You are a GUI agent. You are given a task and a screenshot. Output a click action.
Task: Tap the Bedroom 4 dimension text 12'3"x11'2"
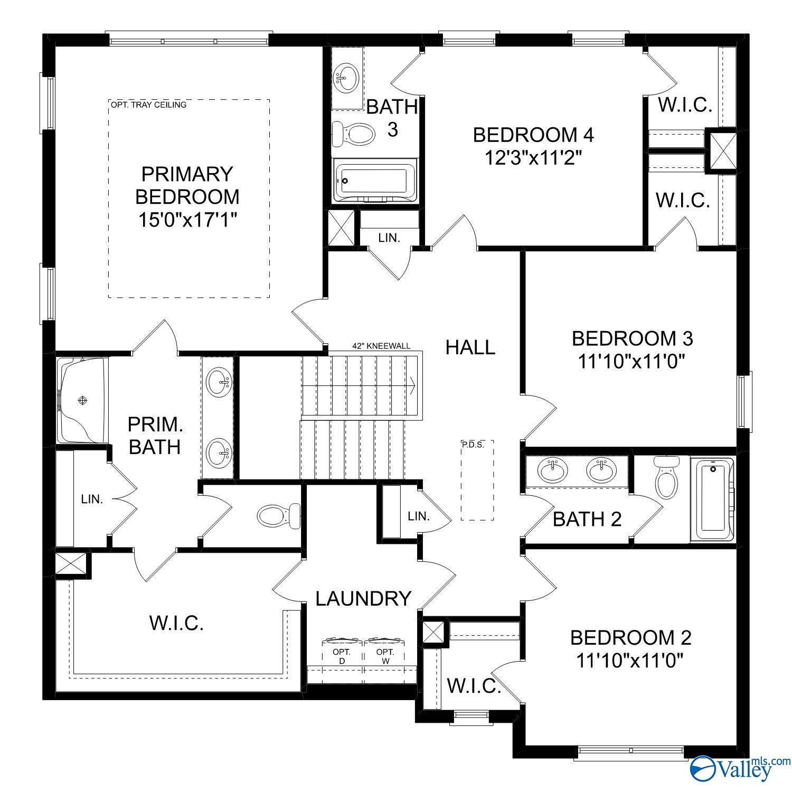click(x=533, y=157)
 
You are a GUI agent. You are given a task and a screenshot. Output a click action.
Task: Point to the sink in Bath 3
click(x=346, y=78)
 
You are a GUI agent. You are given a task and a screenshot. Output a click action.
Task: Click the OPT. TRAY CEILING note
click(x=148, y=105)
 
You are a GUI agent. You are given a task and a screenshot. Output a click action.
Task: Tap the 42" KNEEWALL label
click(x=381, y=346)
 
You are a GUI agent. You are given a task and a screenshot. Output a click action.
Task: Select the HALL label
click(x=470, y=347)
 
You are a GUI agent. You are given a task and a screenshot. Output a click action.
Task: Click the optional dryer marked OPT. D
click(x=342, y=656)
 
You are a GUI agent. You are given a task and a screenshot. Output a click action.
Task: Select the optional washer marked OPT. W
click(x=385, y=656)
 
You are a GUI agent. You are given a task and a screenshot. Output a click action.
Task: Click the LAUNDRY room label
click(x=363, y=599)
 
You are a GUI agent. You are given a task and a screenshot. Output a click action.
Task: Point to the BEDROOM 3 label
click(x=632, y=338)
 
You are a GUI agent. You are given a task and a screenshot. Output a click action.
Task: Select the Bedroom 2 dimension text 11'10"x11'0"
click(x=630, y=660)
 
